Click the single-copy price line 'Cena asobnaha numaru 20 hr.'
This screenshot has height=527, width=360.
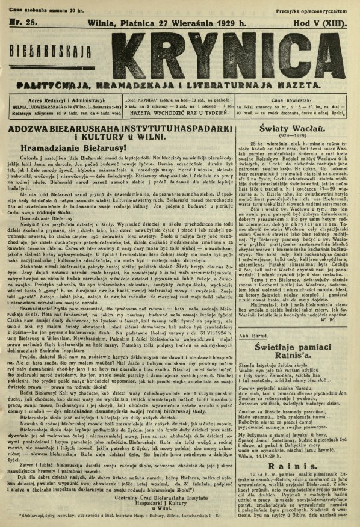click(x=36, y=4)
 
